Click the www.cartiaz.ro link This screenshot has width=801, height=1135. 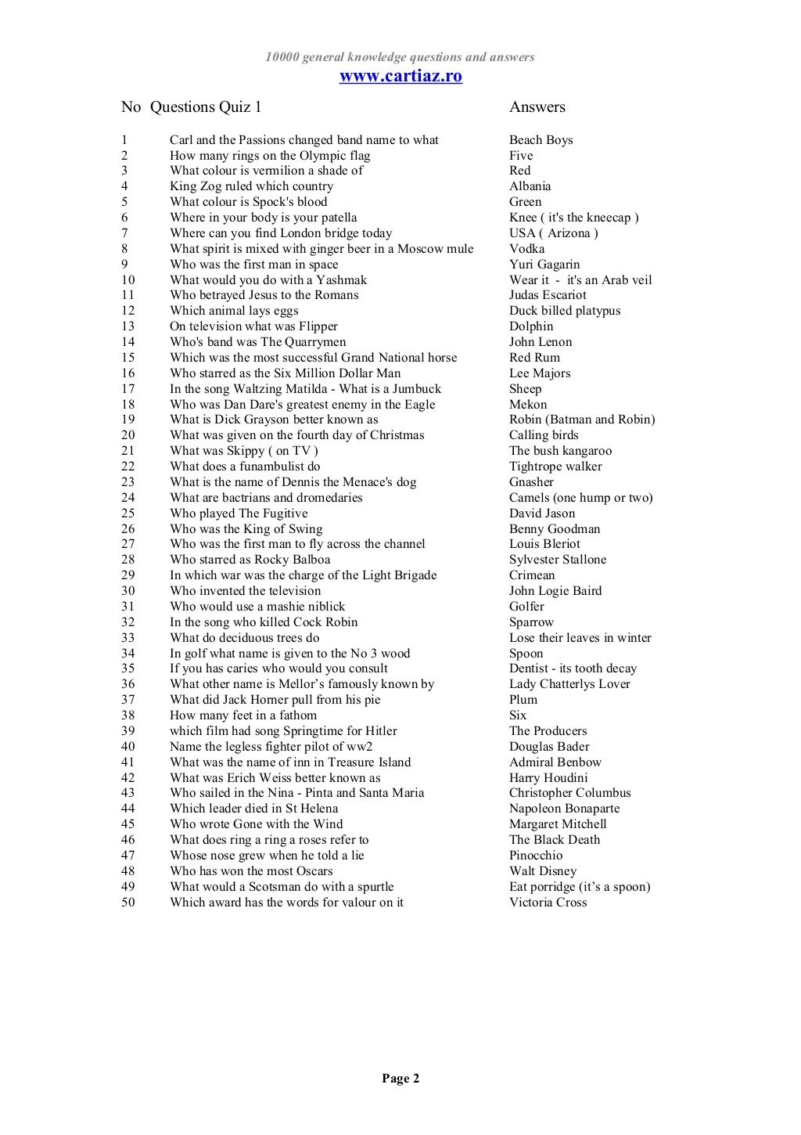pos(400,76)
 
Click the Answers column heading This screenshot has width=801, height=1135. pos(537,107)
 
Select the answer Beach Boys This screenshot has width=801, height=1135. pos(541,140)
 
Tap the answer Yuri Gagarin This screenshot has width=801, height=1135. pos(544,265)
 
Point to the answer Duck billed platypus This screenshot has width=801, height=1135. pos(564,311)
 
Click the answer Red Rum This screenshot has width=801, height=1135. pos(534,358)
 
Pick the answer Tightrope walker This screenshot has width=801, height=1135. pos(555,467)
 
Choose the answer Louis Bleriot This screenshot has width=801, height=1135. pos(544,544)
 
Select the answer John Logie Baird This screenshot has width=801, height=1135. pos(555,591)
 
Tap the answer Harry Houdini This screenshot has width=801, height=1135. pos(548,778)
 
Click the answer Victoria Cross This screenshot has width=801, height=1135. pos(548,903)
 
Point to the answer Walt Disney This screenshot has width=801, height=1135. pos(542,871)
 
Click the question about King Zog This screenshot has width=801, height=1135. pos(251,186)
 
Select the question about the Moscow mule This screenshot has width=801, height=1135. pos(321,249)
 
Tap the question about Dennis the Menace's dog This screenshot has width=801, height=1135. pos(293,482)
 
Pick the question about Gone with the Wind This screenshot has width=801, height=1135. pos(256,824)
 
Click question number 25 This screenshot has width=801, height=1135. pos(128,513)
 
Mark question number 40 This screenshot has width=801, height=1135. pos(128,747)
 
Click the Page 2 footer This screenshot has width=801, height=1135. pos(400,1079)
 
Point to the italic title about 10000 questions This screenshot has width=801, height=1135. pos(400,57)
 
